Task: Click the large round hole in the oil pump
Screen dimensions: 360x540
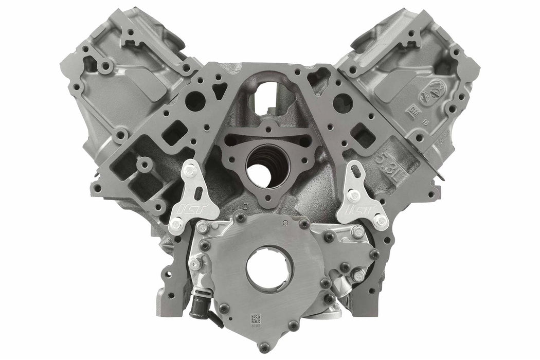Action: [x=269, y=268]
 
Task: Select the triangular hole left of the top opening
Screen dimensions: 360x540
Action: [x=220, y=92]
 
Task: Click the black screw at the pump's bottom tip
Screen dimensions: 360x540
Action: [x=293, y=325]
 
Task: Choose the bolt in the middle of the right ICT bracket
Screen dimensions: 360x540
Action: [x=354, y=195]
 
